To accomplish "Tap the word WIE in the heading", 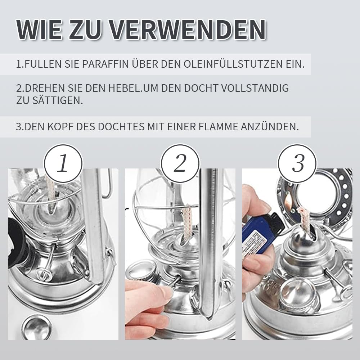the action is (39, 30).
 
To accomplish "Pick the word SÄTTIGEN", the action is (57, 100).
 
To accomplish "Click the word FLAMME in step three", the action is (218, 127).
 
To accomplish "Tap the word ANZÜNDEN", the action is (270, 126).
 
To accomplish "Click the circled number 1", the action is (63, 164).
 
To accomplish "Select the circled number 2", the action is (180, 164).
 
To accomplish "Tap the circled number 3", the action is (297, 164).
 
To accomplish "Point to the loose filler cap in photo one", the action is (37, 327).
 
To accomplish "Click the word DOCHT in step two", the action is (201, 88).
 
